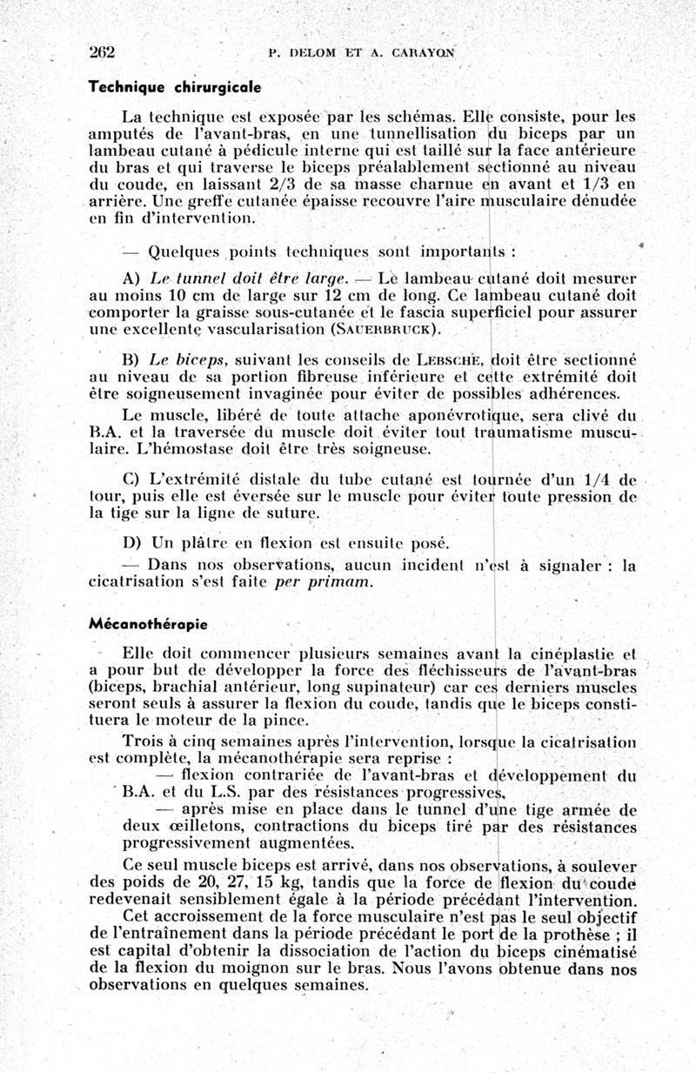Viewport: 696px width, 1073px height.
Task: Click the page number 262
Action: [x=103, y=50]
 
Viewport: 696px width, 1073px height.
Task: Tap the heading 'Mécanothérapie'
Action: [x=148, y=624]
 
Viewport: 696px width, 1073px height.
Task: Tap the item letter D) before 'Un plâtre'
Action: [x=132, y=544]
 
